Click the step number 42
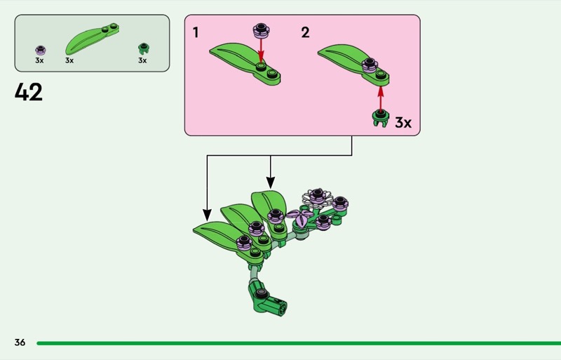click(x=29, y=92)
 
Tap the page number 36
click(x=20, y=342)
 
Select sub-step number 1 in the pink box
click(x=196, y=32)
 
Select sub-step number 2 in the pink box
click(x=305, y=32)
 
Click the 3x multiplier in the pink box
click(x=403, y=123)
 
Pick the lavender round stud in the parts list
click(x=40, y=50)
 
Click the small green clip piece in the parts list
click(x=143, y=48)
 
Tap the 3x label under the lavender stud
click(x=39, y=60)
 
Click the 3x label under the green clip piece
click(x=142, y=60)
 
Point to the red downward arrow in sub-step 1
click(x=261, y=51)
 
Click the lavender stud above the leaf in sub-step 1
click(x=261, y=29)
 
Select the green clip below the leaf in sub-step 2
click(x=380, y=118)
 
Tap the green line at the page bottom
click(x=295, y=343)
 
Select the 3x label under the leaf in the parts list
click(x=69, y=60)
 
